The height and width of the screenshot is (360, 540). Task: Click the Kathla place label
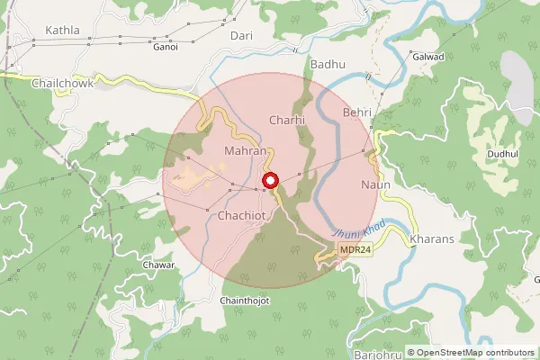[x=56, y=30]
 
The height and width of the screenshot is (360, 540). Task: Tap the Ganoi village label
[x=166, y=46]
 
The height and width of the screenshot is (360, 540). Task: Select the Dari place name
[x=241, y=35]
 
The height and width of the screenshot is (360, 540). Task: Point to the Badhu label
[x=327, y=65]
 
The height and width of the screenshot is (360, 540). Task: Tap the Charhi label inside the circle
[x=288, y=119]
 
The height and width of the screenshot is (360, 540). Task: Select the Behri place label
[x=358, y=113]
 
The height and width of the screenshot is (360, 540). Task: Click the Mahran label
[x=246, y=151]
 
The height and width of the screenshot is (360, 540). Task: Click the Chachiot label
[x=243, y=216]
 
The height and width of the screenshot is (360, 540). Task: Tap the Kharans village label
[x=431, y=239]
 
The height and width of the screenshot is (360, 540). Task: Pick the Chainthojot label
[x=245, y=301]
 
